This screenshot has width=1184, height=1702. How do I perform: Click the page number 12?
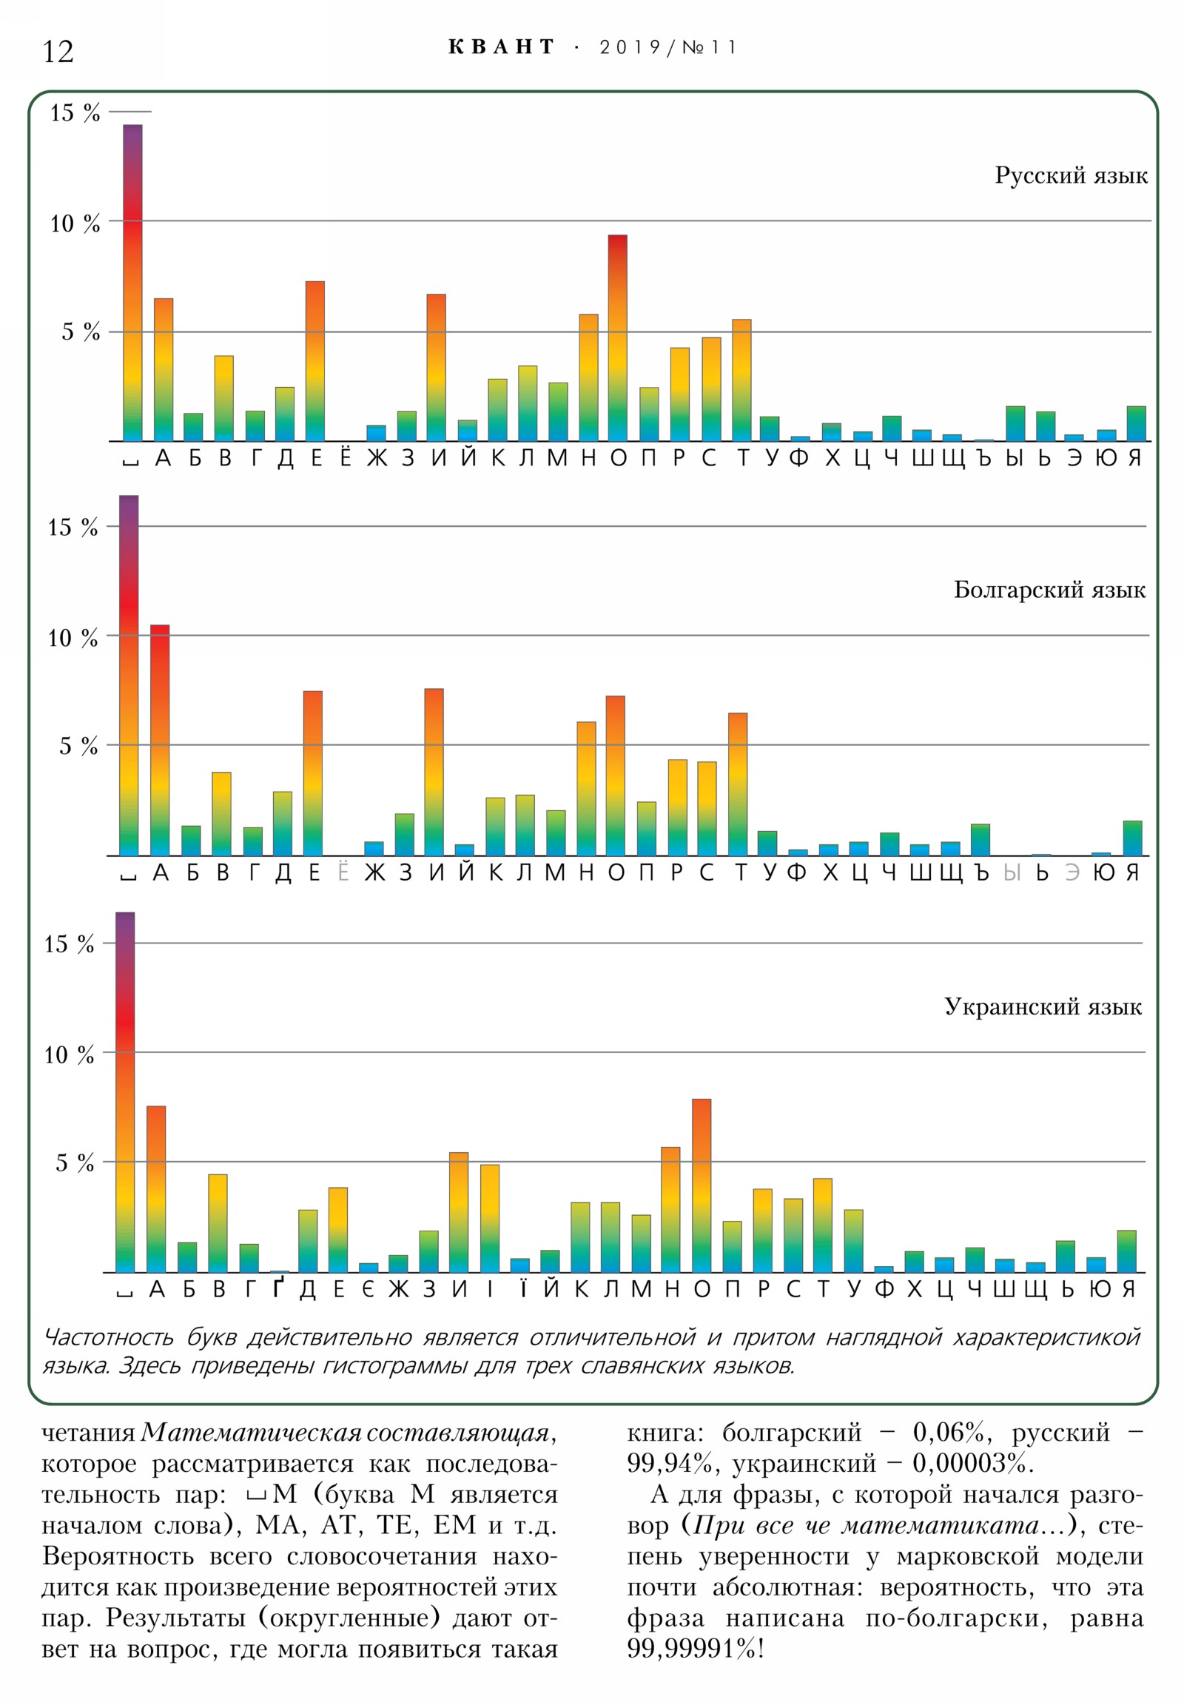(x=58, y=52)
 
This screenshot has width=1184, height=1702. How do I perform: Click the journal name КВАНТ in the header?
(x=501, y=47)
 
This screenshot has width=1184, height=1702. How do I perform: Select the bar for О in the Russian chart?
(x=618, y=338)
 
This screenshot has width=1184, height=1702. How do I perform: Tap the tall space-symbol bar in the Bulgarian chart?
(x=128, y=675)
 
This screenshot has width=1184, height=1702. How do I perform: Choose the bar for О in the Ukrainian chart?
(x=702, y=1185)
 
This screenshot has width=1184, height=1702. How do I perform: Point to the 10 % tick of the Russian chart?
(x=75, y=223)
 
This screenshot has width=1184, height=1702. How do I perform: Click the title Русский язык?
(x=1071, y=175)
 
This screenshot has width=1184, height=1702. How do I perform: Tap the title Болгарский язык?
(x=1049, y=590)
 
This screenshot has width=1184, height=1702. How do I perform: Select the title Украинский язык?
(x=1043, y=1006)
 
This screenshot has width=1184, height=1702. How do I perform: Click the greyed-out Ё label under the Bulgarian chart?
(x=343, y=872)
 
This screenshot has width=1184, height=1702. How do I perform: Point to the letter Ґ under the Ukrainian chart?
(x=278, y=1288)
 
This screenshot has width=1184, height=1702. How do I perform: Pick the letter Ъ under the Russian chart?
(x=983, y=457)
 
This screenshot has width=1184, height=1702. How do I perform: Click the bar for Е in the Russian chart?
(x=315, y=361)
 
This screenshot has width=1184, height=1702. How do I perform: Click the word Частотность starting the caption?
(x=108, y=1338)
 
